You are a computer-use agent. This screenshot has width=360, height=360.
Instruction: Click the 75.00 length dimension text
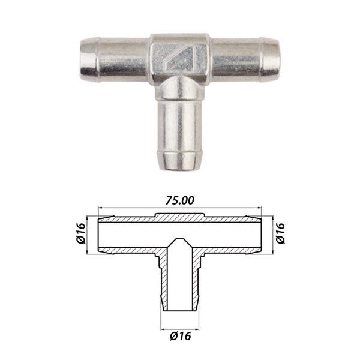pos(180,200)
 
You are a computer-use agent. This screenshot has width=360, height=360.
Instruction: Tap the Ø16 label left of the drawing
pos(80,233)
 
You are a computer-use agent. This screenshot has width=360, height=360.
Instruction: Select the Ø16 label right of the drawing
pos(280,233)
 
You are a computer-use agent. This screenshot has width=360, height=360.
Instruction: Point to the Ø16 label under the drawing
pos(181,337)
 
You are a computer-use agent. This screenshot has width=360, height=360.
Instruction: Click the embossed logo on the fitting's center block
pos(181,57)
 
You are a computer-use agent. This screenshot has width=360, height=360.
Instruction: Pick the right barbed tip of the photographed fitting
pos(270,59)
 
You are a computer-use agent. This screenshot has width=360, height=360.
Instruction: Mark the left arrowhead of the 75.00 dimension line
pos(100,208)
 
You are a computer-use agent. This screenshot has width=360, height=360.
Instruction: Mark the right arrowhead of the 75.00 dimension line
pos(260,208)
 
